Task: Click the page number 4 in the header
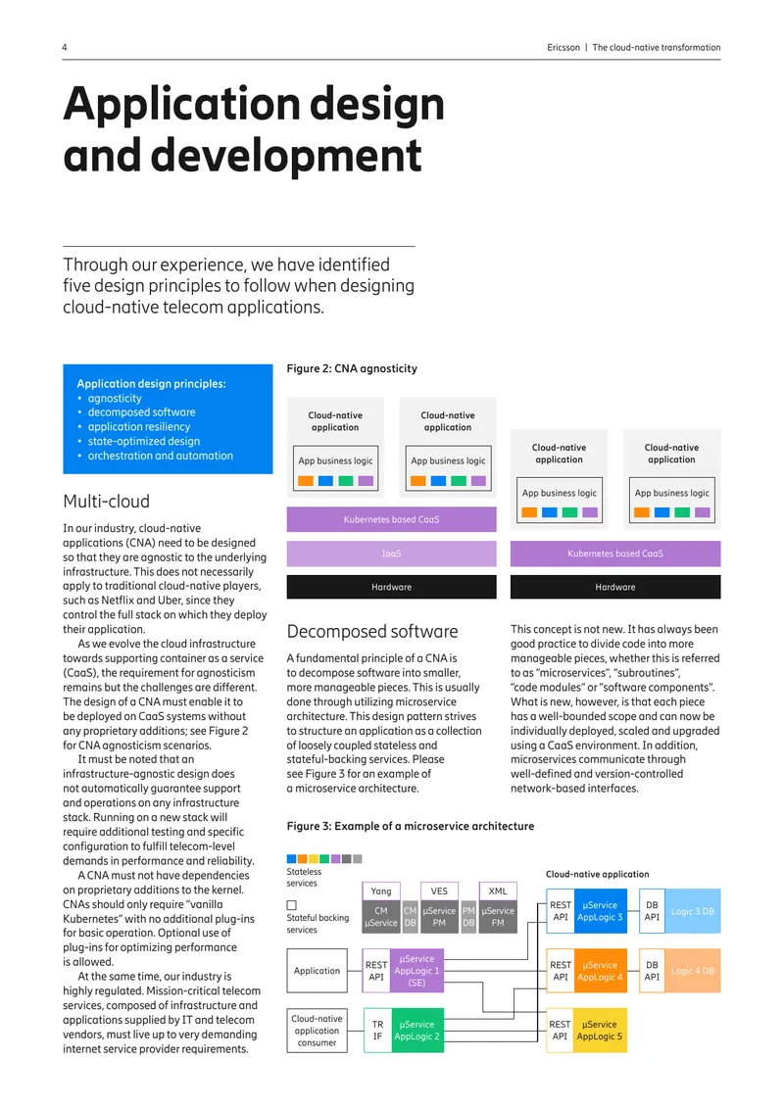(x=65, y=47)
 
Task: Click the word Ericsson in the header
(x=563, y=47)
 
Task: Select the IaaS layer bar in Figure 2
(x=391, y=553)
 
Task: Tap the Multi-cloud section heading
(x=106, y=502)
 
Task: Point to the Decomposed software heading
(x=372, y=631)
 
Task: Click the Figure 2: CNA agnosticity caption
(x=352, y=368)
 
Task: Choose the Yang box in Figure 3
(x=381, y=890)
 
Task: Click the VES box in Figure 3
(x=439, y=890)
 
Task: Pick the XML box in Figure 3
(x=498, y=890)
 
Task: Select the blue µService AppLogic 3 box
(x=601, y=911)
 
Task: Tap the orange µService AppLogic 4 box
(x=601, y=971)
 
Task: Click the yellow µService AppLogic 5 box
(x=600, y=1030)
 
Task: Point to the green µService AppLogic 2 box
(x=417, y=1030)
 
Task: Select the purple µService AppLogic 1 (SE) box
(x=417, y=971)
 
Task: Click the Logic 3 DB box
(x=692, y=911)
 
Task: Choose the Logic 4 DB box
(x=692, y=971)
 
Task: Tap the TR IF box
(x=378, y=1030)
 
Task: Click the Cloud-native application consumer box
(x=318, y=1030)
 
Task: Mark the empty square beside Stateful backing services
(x=292, y=905)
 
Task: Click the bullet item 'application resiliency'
(x=139, y=426)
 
